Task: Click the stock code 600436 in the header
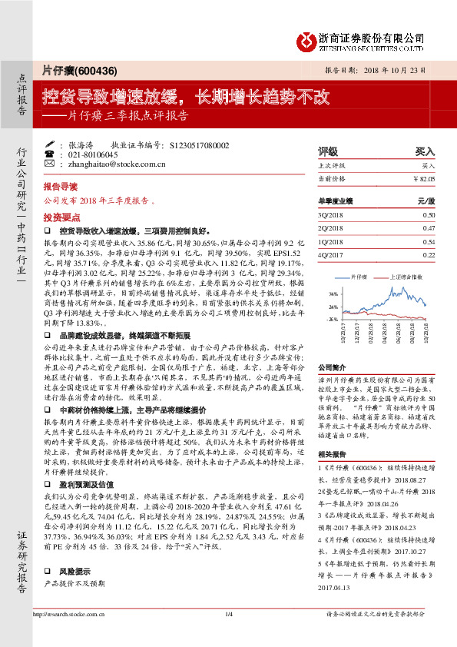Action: (x=95, y=71)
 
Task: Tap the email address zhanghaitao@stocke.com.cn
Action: (x=112, y=164)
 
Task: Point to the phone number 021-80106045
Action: (x=93, y=154)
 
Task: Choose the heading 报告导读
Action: (x=61, y=187)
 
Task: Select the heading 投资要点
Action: (x=61, y=217)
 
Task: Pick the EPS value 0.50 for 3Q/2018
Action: (x=429, y=215)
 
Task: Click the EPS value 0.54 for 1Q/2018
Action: (x=429, y=241)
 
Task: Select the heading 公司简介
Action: (x=332, y=367)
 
